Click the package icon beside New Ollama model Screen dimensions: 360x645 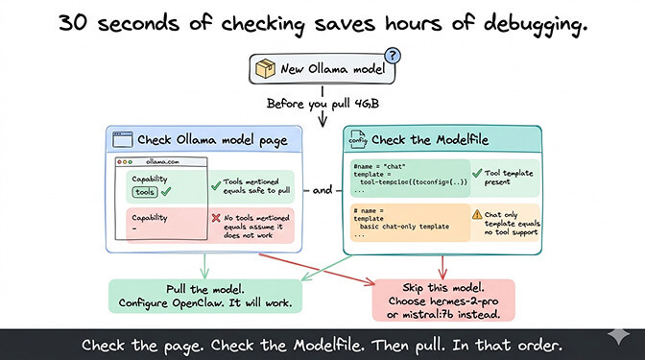267,69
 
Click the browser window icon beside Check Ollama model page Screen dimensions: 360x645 122,139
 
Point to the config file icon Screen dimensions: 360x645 357,139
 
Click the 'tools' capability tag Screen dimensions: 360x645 146,192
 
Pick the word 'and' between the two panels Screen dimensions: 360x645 322,190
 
